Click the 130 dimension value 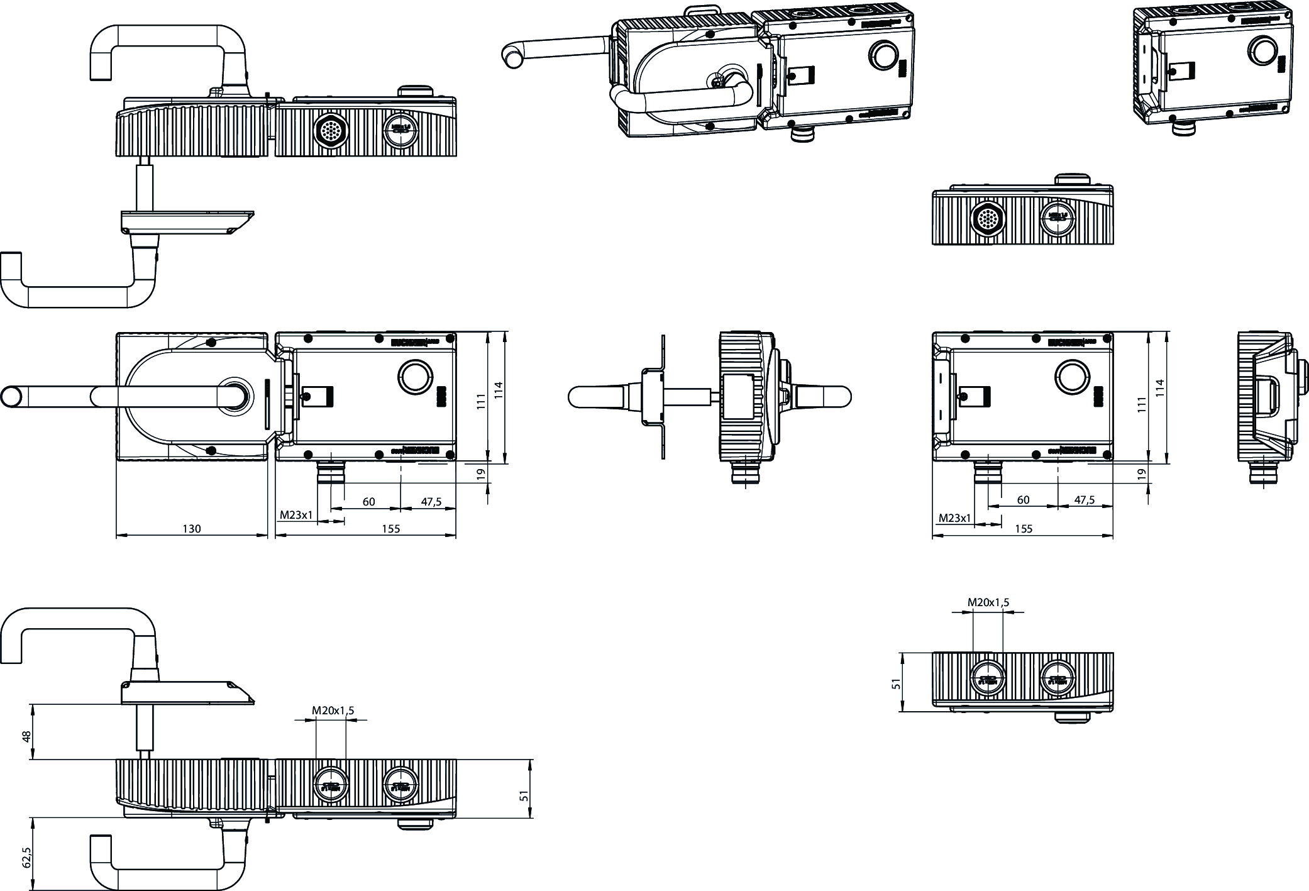[x=192, y=529]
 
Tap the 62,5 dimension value [x=26, y=857]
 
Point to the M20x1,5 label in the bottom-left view [x=333, y=711]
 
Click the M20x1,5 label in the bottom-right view [x=988, y=602]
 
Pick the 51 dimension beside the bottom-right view [x=897, y=682]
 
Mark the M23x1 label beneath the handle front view [x=296, y=515]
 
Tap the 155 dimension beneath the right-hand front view [x=1024, y=529]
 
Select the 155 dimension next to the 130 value [x=390, y=529]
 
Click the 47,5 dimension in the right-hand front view [x=1084, y=500]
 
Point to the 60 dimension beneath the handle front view [x=368, y=502]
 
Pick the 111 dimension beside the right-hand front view [x=1142, y=402]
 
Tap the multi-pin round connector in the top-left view [x=329, y=131]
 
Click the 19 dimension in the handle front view [x=482, y=473]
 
